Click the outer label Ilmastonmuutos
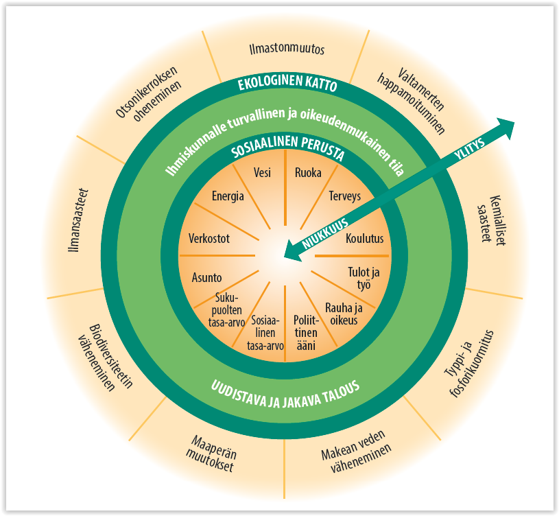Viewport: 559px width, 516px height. (285, 49)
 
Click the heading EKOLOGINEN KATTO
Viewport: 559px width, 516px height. (287, 85)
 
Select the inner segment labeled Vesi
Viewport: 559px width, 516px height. (262, 172)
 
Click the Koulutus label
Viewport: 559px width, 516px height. (364, 239)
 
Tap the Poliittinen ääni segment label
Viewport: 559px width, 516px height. (307, 333)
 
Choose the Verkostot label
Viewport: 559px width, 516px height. (209, 239)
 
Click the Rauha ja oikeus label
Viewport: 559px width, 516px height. (344, 313)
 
